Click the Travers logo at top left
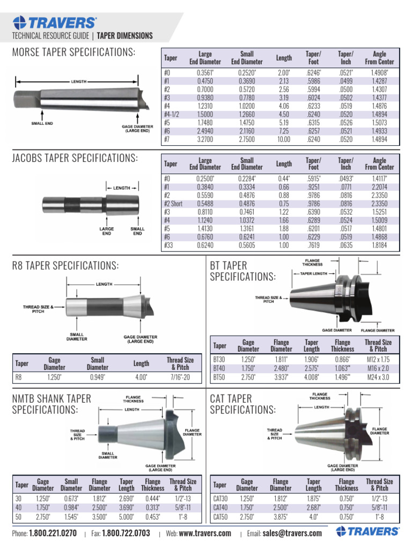pos(55,22)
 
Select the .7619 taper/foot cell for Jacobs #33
pos(313,246)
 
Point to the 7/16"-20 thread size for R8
pos(181,377)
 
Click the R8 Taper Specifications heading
pos(65,266)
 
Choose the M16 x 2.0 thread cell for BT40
pos(378,369)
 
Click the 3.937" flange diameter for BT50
pos(281,377)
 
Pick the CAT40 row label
pos(220,508)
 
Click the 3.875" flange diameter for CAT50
pos(281,517)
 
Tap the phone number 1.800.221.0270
pos(53,533)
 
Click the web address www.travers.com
pos(205,533)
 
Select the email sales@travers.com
pos(292,533)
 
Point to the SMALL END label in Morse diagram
pos(41,123)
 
